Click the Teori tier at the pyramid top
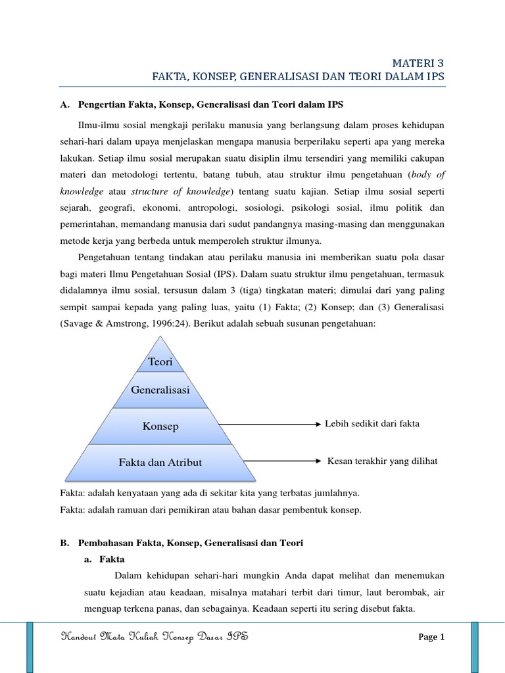pyautogui.click(x=160, y=362)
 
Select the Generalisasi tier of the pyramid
pyautogui.click(x=160, y=390)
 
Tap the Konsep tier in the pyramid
pyautogui.click(x=160, y=426)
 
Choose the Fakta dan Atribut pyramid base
pyautogui.click(x=160, y=462)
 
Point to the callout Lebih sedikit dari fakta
pyautogui.click(x=372, y=424)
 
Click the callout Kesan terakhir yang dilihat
pyautogui.click(x=382, y=461)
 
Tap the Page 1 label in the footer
pyautogui.click(x=432, y=637)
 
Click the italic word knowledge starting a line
pyautogui.click(x=82, y=191)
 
